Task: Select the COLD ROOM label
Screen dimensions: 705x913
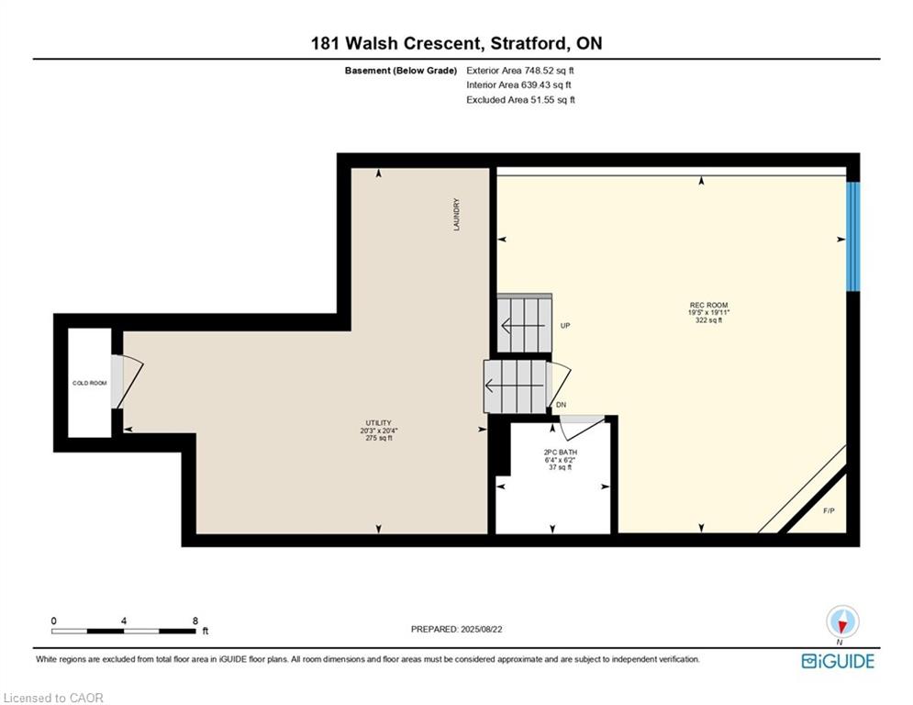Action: click(90, 383)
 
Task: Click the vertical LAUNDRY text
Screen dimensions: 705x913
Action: click(456, 215)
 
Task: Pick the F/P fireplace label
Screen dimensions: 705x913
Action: click(829, 510)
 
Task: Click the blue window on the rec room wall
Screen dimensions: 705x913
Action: click(852, 235)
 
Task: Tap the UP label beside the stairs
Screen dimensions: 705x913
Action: click(565, 326)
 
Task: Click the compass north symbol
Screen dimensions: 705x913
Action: click(841, 621)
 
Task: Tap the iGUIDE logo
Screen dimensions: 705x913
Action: click(837, 661)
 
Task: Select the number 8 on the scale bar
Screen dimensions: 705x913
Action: click(195, 621)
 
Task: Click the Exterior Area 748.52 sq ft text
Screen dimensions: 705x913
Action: click(520, 70)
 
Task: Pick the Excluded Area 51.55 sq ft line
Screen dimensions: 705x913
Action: click(520, 100)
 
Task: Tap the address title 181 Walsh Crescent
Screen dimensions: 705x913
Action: click(456, 43)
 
